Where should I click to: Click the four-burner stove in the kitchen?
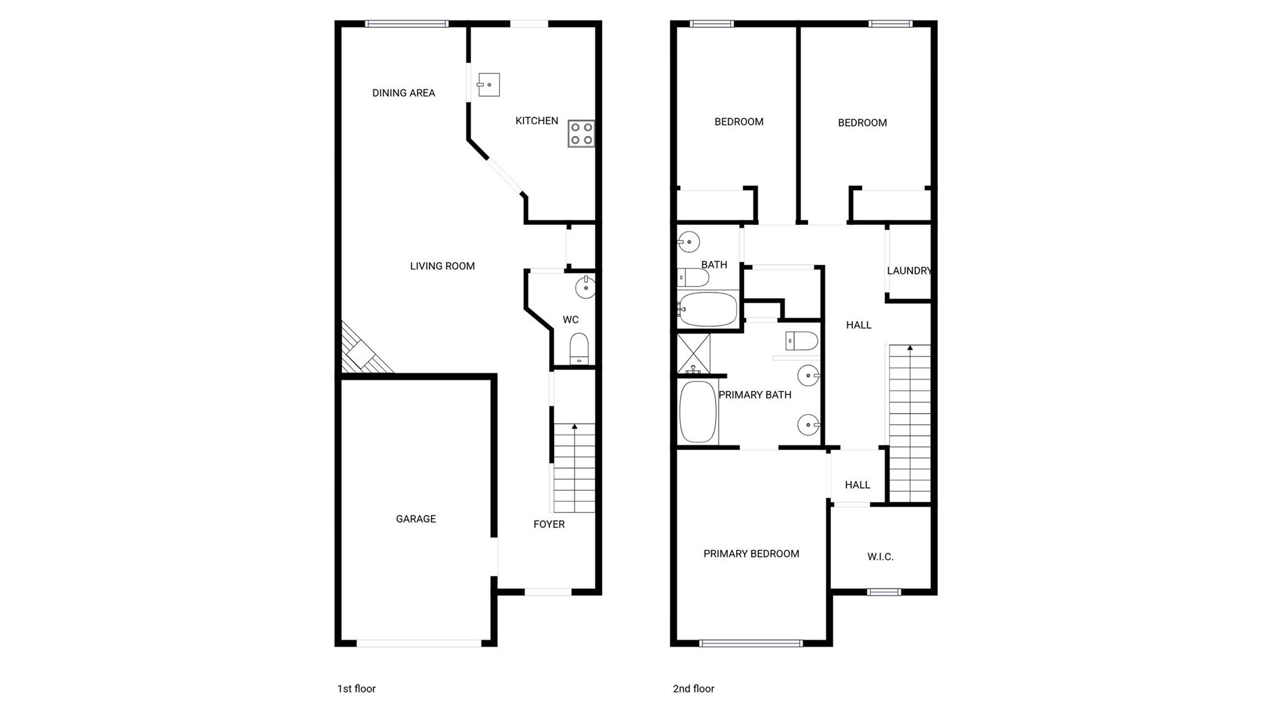(x=581, y=134)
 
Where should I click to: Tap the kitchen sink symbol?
(x=489, y=84)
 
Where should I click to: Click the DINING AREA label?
(x=403, y=93)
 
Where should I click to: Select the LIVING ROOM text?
(x=442, y=266)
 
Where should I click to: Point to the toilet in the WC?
(x=579, y=348)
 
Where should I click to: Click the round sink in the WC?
(x=585, y=287)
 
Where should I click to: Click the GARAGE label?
(x=416, y=519)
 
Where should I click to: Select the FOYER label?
(x=549, y=524)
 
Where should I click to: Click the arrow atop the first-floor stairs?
(x=575, y=427)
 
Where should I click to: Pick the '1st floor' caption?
(x=357, y=688)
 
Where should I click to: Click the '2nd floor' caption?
(x=693, y=688)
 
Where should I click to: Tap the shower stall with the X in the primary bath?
(x=693, y=353)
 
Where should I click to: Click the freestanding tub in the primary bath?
(x=698, y=412)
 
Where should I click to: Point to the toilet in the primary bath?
(x=802, y=341)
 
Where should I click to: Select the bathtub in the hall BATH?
(x=708, y=309)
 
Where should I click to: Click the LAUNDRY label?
(x=909, y=271)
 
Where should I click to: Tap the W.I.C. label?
(x=880, y=557)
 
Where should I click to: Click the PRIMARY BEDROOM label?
(x=751, y=553)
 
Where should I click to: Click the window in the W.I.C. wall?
(x=884, y=592)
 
